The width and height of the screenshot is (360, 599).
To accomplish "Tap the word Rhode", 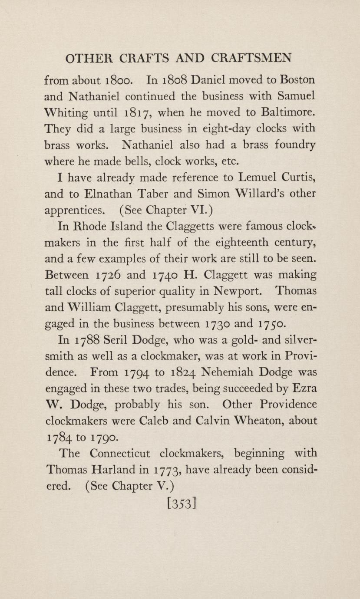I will tap(91, 226).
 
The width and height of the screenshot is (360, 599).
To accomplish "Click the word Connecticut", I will tap(120, 454).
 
